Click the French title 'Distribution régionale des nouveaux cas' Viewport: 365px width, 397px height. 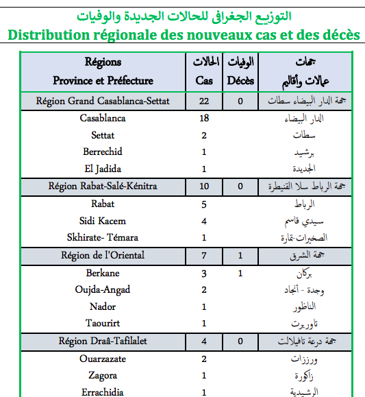pos(182,34)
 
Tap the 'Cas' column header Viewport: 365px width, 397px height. pos(204,80)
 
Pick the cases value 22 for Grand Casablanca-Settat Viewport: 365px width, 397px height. pos(204,102)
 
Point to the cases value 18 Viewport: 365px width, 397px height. pos(204,118)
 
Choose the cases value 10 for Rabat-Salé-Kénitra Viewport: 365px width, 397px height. pos(204,186)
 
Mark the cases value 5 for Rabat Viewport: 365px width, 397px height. pos(204,204)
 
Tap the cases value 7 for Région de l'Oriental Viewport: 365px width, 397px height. pos(204,256)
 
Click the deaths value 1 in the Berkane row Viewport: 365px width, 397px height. pos(240,274)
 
